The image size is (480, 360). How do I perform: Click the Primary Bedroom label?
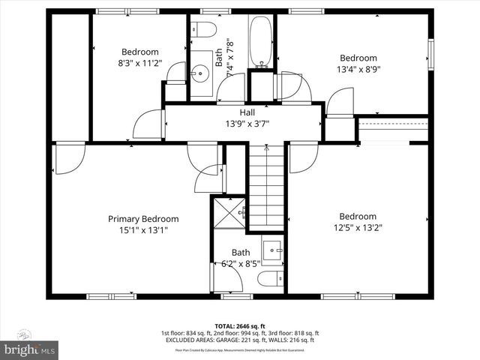pos(143,219)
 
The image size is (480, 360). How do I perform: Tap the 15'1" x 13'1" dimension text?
pos(143,230)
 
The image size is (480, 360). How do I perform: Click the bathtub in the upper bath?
pos(261,41)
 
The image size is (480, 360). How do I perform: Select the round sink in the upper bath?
pos(200,73)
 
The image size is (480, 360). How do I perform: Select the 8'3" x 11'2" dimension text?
pos(139,64)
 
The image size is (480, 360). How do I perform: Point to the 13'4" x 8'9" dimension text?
pos(358,70)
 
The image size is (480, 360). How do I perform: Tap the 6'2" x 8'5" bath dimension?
pos(240,264)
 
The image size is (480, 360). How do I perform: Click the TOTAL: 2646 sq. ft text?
pos(239,326)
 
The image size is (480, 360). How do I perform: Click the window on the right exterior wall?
pos(431,54)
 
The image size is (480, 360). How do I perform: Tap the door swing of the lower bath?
pos(226,283)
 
